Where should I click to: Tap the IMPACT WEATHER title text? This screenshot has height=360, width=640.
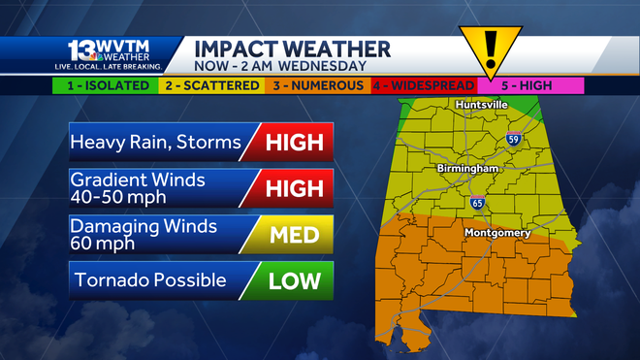pyautogui.click(x=292, y=49)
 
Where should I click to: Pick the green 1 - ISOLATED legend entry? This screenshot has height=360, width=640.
pyautogui.click(x=106, y=85)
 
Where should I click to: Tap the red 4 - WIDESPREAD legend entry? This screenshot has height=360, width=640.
pyautogui.click(x=420, y=85)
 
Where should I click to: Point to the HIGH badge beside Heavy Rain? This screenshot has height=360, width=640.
pyautogui.click(x=292, y=143)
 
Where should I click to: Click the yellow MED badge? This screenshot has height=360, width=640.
pyautogui.click(x=292, y=234)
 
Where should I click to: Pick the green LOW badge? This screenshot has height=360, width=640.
pyautogui.click(x=292, y=280)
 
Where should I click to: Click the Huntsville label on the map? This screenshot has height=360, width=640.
pyautogui.click(x=483, y=105)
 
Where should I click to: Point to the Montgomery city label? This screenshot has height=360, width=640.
pyautogui.click(x=496, y=233)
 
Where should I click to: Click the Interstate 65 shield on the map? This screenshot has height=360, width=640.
pyautogui.click(x=476, y=203)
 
